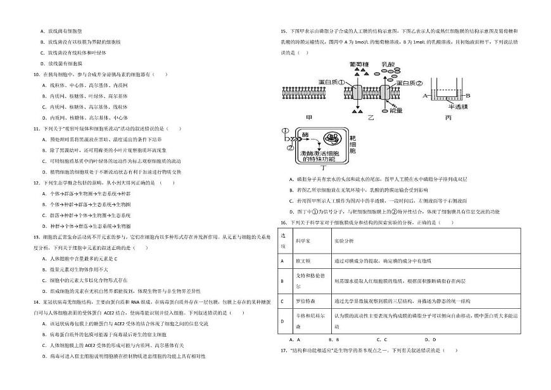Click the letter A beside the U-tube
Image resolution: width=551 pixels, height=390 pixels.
(424, 94)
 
